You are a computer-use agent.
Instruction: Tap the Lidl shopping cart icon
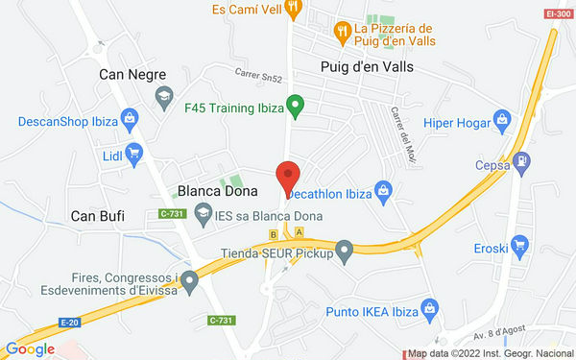[133, 152]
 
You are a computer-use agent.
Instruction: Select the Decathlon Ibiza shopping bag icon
[383, 190]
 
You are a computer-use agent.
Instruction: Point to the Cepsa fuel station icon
[521, 162]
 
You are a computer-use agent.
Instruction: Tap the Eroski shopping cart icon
[520, 244]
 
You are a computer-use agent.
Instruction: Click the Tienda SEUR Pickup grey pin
[345, 252]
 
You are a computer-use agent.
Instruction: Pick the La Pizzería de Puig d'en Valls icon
[341, 34]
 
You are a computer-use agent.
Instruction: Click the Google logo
[30, 348]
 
